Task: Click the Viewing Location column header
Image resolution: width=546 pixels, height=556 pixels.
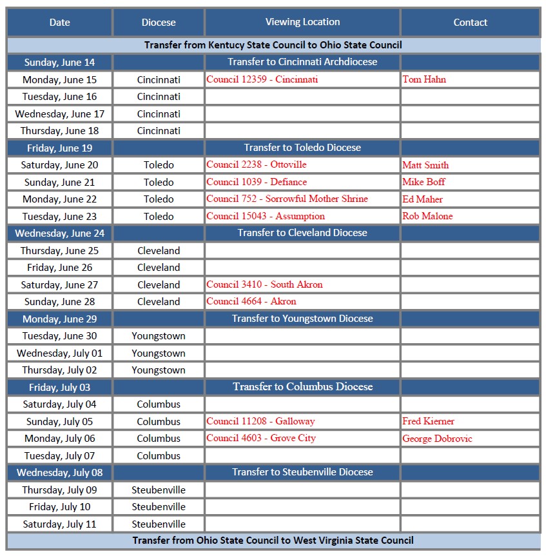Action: tap(302, 22)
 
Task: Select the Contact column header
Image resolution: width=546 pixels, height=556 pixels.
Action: tap(470, 23)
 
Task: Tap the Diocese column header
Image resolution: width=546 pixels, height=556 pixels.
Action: tap(159, 23)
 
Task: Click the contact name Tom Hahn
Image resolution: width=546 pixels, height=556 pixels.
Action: tap(424, 79)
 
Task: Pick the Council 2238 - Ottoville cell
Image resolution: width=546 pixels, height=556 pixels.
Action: tap(257, 164)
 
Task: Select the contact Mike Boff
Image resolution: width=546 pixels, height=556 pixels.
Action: tap(424, 182)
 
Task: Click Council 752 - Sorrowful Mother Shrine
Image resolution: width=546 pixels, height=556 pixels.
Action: tap(287, 199)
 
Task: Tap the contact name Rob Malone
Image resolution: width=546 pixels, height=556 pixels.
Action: tap(427, 216)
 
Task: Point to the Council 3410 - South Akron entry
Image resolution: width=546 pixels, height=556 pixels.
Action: tap(264, 284)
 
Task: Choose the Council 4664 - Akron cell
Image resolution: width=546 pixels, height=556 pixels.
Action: tap(251, 301)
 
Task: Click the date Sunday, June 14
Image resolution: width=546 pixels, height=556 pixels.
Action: tap(59, 63)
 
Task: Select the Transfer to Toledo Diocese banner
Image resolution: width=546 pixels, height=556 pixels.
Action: tap(302, 148)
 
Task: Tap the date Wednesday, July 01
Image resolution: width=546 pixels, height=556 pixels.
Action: tap(59, 353)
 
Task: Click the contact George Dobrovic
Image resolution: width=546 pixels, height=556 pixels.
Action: tap(437, 439)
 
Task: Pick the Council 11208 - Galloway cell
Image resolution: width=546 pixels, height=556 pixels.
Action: tap(260, 421)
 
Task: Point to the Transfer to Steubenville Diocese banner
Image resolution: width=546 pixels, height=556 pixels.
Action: tap(302, 472)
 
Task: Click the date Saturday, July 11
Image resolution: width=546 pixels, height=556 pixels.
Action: tap(59, 524)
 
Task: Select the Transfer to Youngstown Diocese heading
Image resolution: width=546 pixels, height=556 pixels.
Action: tap(302, 319)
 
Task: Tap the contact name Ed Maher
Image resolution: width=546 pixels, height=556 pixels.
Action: tap(422, 199)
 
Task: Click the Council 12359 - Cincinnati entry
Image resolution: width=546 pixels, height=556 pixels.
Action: tap(262, 79)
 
